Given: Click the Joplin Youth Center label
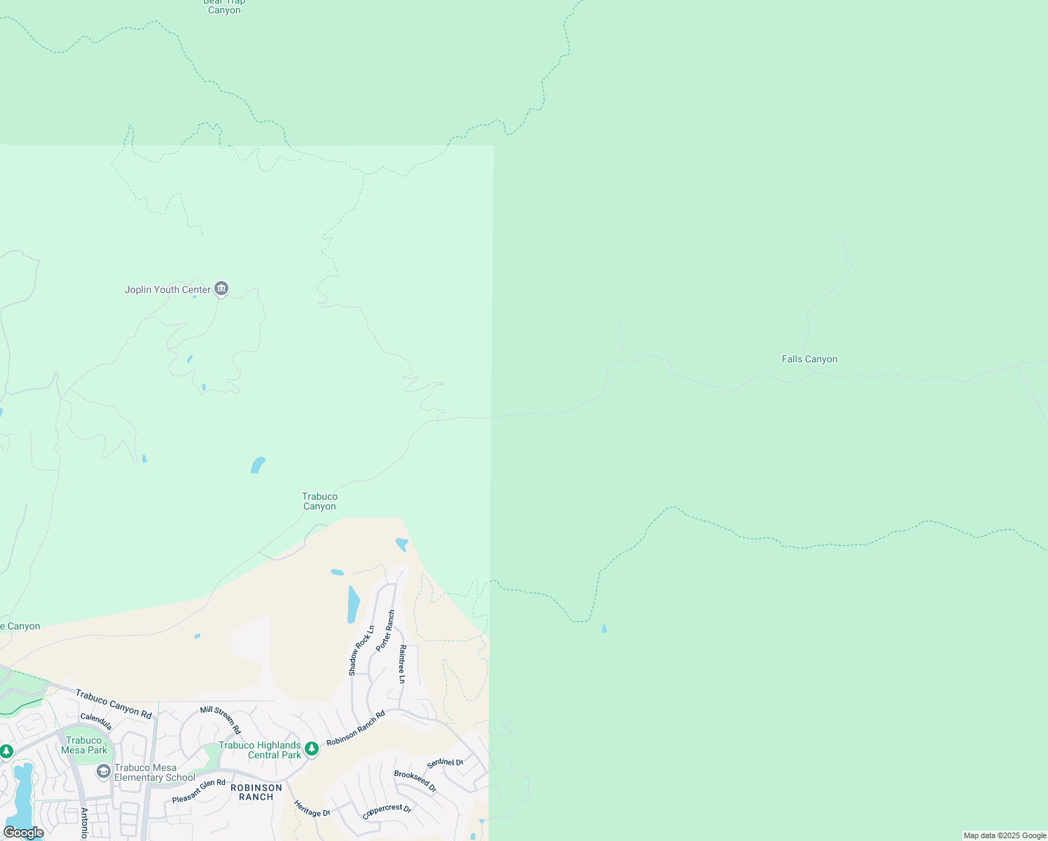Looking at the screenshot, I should (167, 289).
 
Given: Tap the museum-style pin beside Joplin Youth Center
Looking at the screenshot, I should (221, 288).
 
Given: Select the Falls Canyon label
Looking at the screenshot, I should (809, 359).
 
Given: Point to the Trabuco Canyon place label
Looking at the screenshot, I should (319, 501).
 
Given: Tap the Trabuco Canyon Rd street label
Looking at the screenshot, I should (113, 704).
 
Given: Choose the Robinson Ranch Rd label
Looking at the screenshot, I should (356, 728).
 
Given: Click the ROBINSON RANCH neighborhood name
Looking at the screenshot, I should (256, 792).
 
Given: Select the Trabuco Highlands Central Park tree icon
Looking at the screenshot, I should (312, 750).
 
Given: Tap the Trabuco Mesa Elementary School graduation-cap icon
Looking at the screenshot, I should (104, 772).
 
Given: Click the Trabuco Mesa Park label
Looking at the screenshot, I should (84, 745).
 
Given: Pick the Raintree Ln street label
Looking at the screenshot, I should (402, 664).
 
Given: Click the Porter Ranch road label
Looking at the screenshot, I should (385, 631).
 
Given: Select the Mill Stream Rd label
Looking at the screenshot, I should (221, 720).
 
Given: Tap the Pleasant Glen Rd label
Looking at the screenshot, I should (199, 791).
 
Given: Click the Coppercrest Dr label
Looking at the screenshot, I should (387, 812).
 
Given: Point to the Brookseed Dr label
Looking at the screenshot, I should (415, 781).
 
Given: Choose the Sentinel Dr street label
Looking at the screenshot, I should (446, 763).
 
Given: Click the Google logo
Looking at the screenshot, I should (24, 833).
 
